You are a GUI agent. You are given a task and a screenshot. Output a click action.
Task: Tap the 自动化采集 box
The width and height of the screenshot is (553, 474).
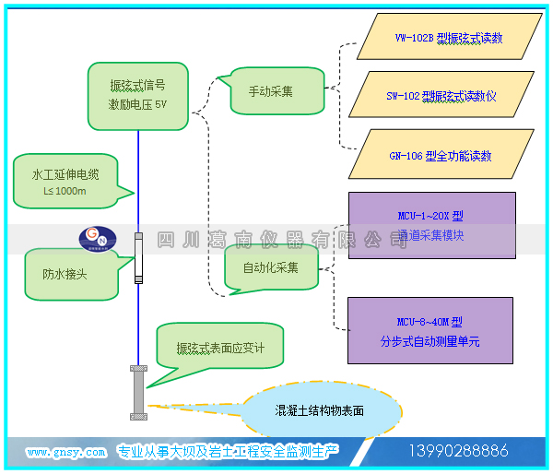coord(271,268)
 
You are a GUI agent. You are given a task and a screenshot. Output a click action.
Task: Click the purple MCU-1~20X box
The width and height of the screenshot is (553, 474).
coord(430,225)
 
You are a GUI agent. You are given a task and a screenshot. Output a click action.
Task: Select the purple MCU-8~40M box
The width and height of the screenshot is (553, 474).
coord(430,331)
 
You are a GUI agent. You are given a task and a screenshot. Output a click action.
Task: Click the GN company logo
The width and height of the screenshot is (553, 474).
coord(93,240)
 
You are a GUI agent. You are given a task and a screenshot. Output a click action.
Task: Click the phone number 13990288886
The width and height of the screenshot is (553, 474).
coord(459,451)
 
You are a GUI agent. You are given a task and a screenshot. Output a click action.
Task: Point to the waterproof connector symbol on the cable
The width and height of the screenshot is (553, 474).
coord(138,257)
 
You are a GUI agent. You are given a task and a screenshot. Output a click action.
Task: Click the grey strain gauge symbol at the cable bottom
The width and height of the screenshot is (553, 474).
coord(138,392)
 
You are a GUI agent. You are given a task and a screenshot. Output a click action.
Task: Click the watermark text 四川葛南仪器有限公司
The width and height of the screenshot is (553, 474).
coord(282,240)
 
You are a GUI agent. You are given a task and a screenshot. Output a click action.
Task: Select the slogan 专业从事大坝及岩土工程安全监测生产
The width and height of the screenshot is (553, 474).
coord(229,452)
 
